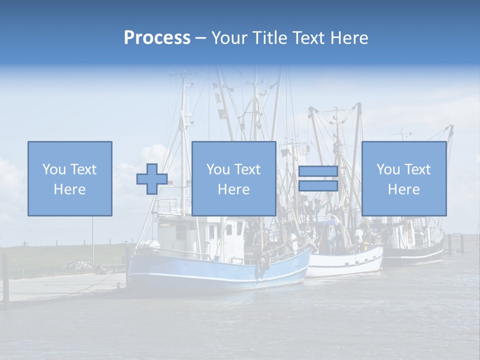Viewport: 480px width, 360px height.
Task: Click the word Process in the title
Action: [x=157, y=38]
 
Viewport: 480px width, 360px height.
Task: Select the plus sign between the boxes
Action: [x=152, y=179]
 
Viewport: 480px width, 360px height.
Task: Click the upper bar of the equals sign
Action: [x=318, y=171]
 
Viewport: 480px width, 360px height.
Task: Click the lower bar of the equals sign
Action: [x=318, y=186]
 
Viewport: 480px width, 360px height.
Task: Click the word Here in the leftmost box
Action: [x=69, y=189]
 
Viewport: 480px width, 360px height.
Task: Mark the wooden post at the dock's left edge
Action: [x=5, y=278]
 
